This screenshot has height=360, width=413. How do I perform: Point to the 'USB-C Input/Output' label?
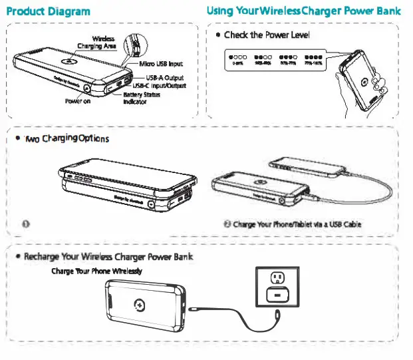click(160, 85)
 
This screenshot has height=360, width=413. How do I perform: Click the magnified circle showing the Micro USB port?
click(137, 45)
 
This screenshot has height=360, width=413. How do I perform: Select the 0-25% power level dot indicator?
click(237, 59)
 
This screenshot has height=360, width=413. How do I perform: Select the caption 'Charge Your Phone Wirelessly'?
click(96, 271)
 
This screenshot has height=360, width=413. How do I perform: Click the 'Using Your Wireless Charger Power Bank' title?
click(303, 11)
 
